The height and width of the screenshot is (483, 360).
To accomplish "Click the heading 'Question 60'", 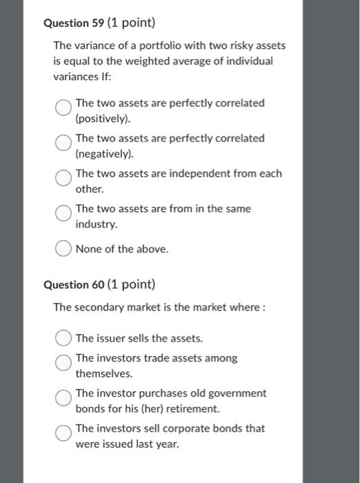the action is point(71,284).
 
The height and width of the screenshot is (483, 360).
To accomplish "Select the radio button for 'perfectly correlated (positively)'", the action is point(63,108).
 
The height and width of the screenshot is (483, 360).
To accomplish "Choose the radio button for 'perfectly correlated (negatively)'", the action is point(63,143).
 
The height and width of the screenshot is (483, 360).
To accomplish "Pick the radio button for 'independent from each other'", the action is point(63,178).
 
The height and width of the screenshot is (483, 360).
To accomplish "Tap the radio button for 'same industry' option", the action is point(63,213).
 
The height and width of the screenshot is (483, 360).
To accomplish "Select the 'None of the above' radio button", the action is point(63,249).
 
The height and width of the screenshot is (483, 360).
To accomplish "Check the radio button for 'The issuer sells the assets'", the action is point(63,338).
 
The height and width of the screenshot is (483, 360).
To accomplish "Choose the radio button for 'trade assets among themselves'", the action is point(63,363).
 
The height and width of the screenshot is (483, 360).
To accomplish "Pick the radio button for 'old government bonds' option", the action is point(63,398).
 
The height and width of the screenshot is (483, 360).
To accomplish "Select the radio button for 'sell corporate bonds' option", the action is point(63,433).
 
